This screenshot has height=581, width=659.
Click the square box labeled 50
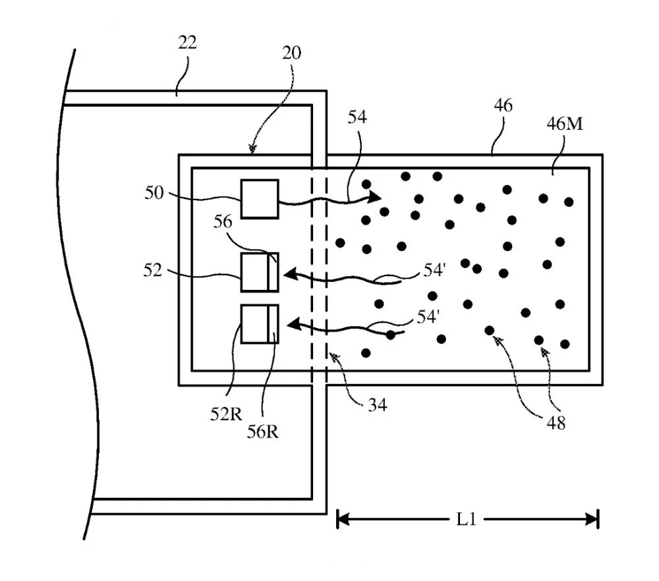260,198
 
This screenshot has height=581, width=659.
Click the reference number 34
377,404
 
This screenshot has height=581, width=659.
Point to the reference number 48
555,423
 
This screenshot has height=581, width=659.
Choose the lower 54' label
428,317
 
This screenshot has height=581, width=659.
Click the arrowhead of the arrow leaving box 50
374,196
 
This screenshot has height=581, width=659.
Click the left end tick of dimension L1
338,519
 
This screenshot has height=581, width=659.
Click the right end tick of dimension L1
597,519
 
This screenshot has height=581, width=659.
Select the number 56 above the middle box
222,223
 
